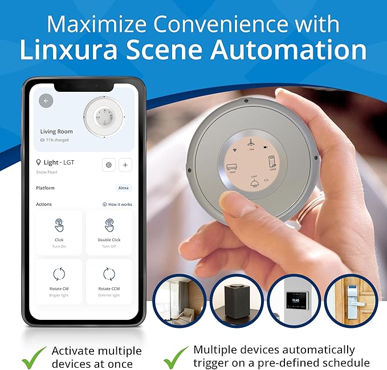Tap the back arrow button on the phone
(x=46, y=101)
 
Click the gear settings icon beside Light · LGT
(x=108, y=165)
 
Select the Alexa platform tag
(x=123, y=188)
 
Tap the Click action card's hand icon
(x=59, y=225)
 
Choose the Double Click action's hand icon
(x=109, y=225)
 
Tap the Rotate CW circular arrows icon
(x=59, y=274)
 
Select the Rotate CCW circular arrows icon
(x=109, y=274)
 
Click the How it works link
(x=117, y=204)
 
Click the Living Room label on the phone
(x=56, y=132)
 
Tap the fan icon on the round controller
(x=251, y=145)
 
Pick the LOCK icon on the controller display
(x=272, y=161)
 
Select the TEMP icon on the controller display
(x=232, y=168)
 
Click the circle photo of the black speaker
(x=235, y=302)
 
